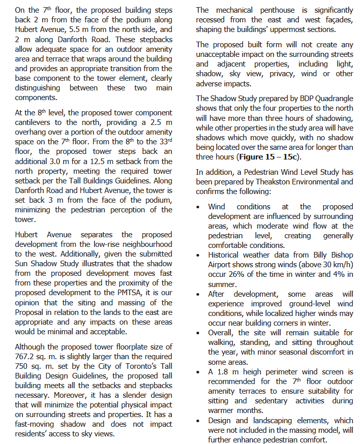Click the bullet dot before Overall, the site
[199, 333]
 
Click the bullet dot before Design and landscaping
[199, 420]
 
